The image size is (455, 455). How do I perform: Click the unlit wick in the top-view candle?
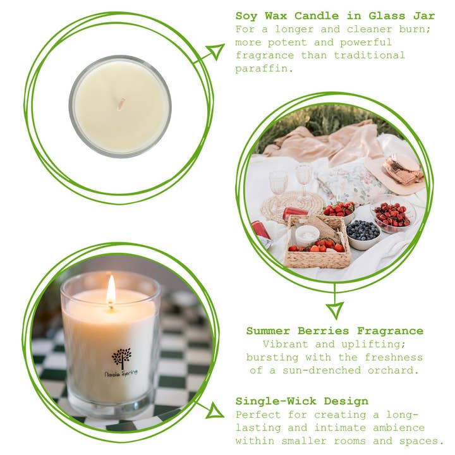tap(121, 104)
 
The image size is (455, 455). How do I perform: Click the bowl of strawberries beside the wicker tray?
tap(339, 210)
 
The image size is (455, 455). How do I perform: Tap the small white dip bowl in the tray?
tap(308, 235)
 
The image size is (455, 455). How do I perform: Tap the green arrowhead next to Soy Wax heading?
tap(215, 52)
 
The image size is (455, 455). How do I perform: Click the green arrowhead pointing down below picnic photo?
tap(335, 309)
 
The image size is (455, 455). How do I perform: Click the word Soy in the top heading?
tap(246, 16)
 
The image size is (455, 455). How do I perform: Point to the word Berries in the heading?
tap(321, 331)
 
